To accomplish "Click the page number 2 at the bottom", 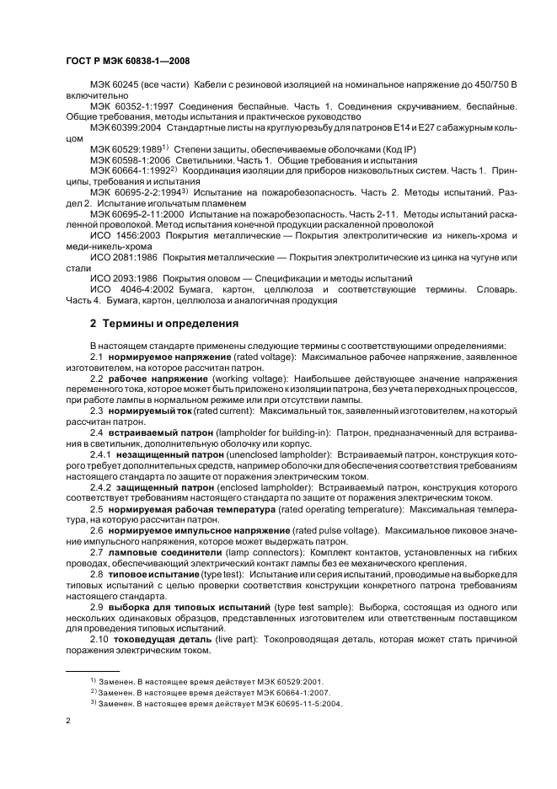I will coord(67,721).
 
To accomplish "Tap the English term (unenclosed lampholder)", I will coord(279,454).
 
